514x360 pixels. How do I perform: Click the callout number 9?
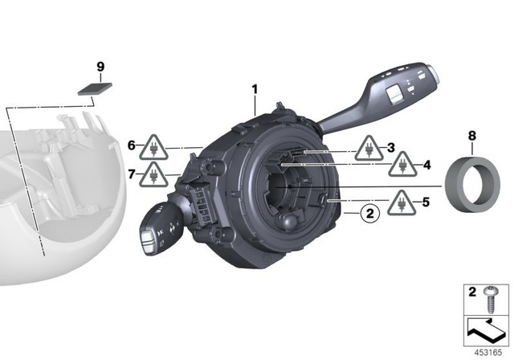pos(100,67)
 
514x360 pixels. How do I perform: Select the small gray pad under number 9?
pos(95,88)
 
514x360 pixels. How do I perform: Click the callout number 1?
pos(255,89)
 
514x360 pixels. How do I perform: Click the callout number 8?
pos(471,136)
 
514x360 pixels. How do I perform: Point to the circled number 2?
pos(369,214)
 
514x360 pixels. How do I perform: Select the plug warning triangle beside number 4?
pos(402,165)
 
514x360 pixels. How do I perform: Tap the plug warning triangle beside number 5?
pos(402,203)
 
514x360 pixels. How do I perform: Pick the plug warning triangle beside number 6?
pos(153,148)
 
